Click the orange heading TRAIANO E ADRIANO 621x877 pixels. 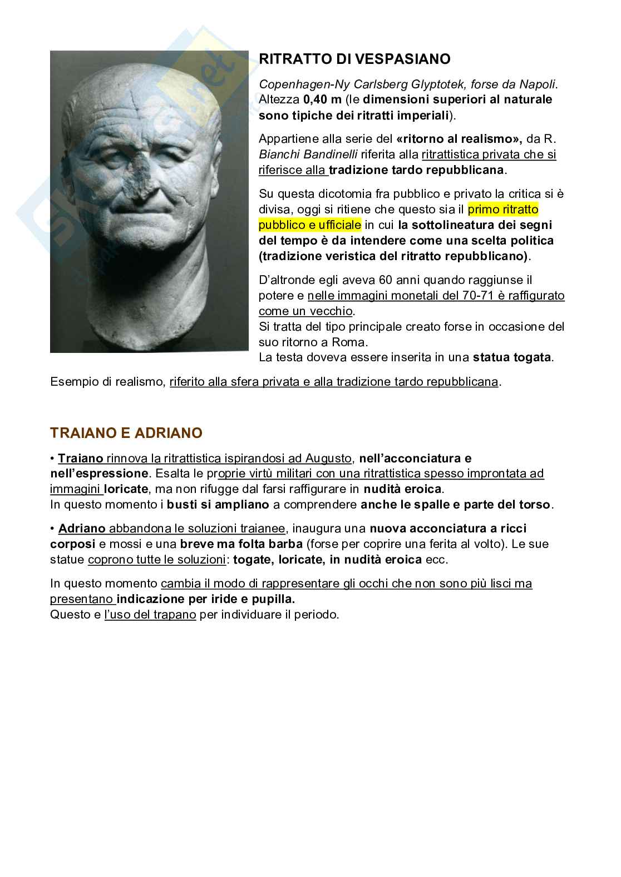[x=126, y=432]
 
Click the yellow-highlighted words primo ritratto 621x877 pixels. [x=504, y=210]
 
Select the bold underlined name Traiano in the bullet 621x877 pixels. [x=81, y=459]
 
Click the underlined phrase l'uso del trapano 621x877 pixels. [x=150, y=615]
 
